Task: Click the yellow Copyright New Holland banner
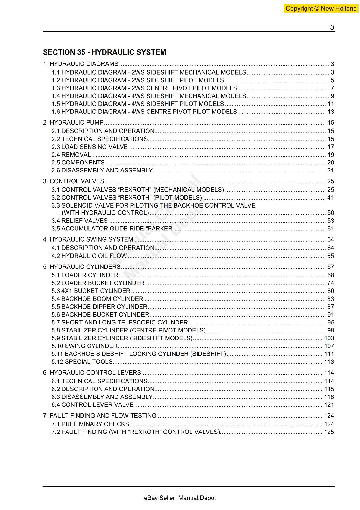(321, 9)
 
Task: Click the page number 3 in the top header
(332, 27)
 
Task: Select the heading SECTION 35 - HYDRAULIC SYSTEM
(104, 52)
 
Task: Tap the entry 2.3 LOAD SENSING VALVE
(90, 147)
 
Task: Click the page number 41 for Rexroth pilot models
(330, 198)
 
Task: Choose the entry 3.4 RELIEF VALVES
(80, 221)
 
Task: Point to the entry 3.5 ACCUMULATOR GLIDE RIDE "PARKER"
(113, 229)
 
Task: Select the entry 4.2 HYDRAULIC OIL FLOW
(89, 256)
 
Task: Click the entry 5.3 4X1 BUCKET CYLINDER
(91, 291)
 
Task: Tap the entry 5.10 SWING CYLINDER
(84, 346)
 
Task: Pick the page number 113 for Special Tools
(329, 362)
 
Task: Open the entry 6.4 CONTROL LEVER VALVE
(92, 405)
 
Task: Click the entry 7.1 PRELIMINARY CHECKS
(90, 424)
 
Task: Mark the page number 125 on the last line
(329, 432)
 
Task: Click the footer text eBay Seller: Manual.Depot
(180, 498)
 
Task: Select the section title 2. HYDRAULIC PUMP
(73, 123)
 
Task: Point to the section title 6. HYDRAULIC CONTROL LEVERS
(92, 373)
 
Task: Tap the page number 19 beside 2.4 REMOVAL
(330, 155)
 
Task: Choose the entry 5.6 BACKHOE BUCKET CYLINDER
(100, 315)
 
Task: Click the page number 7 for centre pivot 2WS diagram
(332, 88)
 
